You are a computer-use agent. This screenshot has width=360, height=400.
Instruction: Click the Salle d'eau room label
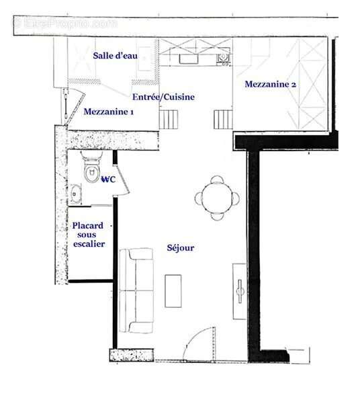coord(116,56)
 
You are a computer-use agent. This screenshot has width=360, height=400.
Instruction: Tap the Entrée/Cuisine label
coord(163,97)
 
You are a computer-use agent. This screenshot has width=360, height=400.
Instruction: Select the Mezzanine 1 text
coord(108,112)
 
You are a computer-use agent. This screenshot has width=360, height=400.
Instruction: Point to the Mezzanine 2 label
coord(271,84)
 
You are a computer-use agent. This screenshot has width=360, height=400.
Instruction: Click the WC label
coord(109,179)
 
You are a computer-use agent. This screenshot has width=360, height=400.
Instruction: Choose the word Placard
coord(88,226)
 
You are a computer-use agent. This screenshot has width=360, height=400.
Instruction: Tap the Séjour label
coord(181,248)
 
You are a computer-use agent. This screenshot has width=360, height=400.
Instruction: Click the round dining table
coord(217,198)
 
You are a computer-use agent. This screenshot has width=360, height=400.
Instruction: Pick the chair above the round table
coord(217,180)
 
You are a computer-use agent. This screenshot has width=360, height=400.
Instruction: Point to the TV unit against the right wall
coord(239,291)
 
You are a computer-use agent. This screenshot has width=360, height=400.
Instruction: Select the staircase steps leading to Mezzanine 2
coord(223,120)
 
